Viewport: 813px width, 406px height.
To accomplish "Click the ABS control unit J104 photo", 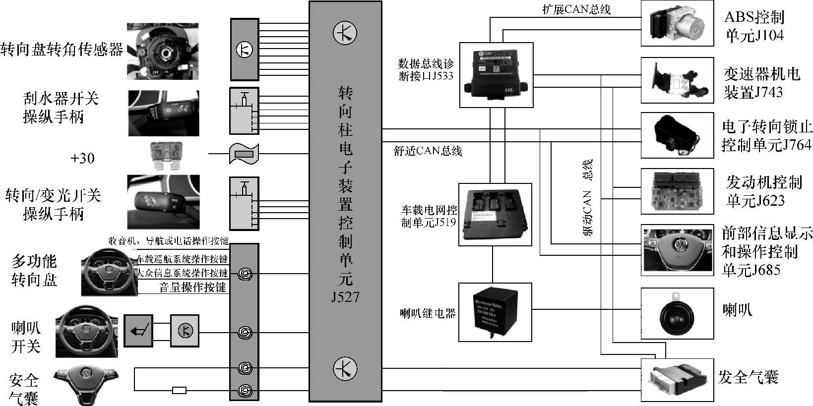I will pyautogui.click(x=677, y=23).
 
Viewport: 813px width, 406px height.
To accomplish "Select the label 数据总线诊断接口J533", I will pyautogui.click(x=426, y=70).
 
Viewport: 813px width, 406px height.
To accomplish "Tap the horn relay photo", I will pyautogui.click(x=495, y=312).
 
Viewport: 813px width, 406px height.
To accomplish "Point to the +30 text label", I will pyautogui.click(x=82, y=158).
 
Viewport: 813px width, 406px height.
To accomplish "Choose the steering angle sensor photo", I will pyautogui.click(x=163, y=51).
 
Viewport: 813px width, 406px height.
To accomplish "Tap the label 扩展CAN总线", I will pyautogui.click(x=576, y=9).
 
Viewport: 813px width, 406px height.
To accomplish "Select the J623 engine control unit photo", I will pyautogui.click(x=677, y=191).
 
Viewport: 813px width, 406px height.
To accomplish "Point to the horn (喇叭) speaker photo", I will pyautogui.click(x=677, y=314).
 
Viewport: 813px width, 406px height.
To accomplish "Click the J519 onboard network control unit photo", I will pyautogui.click(x=495, y=214).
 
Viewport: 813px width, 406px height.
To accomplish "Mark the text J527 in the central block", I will pyautogui.click(x=345, y=297).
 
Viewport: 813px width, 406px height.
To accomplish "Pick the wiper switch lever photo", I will pyautogui.click(x=163, y=113).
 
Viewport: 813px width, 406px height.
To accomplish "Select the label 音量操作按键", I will pyautogui.click(x=192, y=288).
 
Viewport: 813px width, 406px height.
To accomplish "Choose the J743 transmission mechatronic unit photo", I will pyautogui.click(x=677, y=80).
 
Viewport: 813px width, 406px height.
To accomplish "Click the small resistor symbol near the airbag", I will pyautogui.click(x=179, y=390).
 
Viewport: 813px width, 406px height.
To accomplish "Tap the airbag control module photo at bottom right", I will pyautogui.click(x=677, y=380).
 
